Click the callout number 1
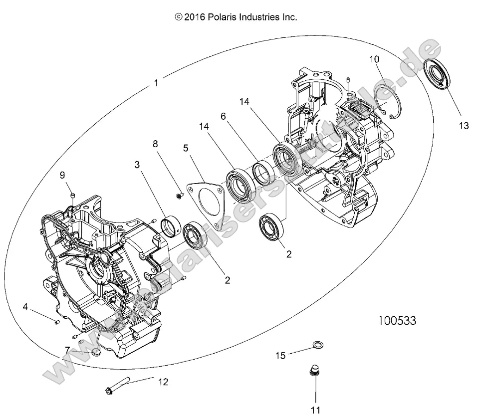tap(157, 83)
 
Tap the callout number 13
tap(464, 125)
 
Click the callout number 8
tap(155, 144)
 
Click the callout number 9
tap(62, 175)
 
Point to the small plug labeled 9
tap(72, 194)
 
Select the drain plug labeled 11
tap(315, 374)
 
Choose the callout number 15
tap(281, 355)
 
